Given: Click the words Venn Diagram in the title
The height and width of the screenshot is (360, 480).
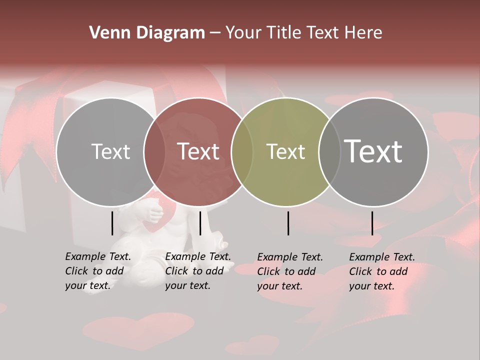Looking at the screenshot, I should (146, 33).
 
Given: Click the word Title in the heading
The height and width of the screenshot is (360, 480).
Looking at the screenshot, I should (283, 33).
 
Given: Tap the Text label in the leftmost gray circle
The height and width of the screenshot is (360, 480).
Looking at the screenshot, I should (110, 151).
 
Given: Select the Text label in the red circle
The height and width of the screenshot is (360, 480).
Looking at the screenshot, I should (198, 151).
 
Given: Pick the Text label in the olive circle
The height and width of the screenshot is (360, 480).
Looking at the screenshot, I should (285, 151).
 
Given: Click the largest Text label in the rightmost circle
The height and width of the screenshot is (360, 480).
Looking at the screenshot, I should (373, 151).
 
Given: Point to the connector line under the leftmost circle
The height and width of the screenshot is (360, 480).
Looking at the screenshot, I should (112, 223).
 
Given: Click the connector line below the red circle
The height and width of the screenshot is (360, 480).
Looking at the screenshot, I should (200, 223).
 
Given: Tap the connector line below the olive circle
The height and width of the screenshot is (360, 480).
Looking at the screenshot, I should (288, 223).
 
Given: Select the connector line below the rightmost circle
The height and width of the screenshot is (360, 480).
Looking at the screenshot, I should (372, 223).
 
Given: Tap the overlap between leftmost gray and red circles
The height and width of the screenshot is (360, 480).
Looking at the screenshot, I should (154, 152).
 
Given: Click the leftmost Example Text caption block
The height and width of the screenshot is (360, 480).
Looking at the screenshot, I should (97, 271).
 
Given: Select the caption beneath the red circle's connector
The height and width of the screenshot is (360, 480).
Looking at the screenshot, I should (197, 271).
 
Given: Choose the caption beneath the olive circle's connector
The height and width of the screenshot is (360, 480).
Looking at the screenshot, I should (289, 271).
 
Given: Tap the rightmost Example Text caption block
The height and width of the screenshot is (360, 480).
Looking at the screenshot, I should (381, 271).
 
